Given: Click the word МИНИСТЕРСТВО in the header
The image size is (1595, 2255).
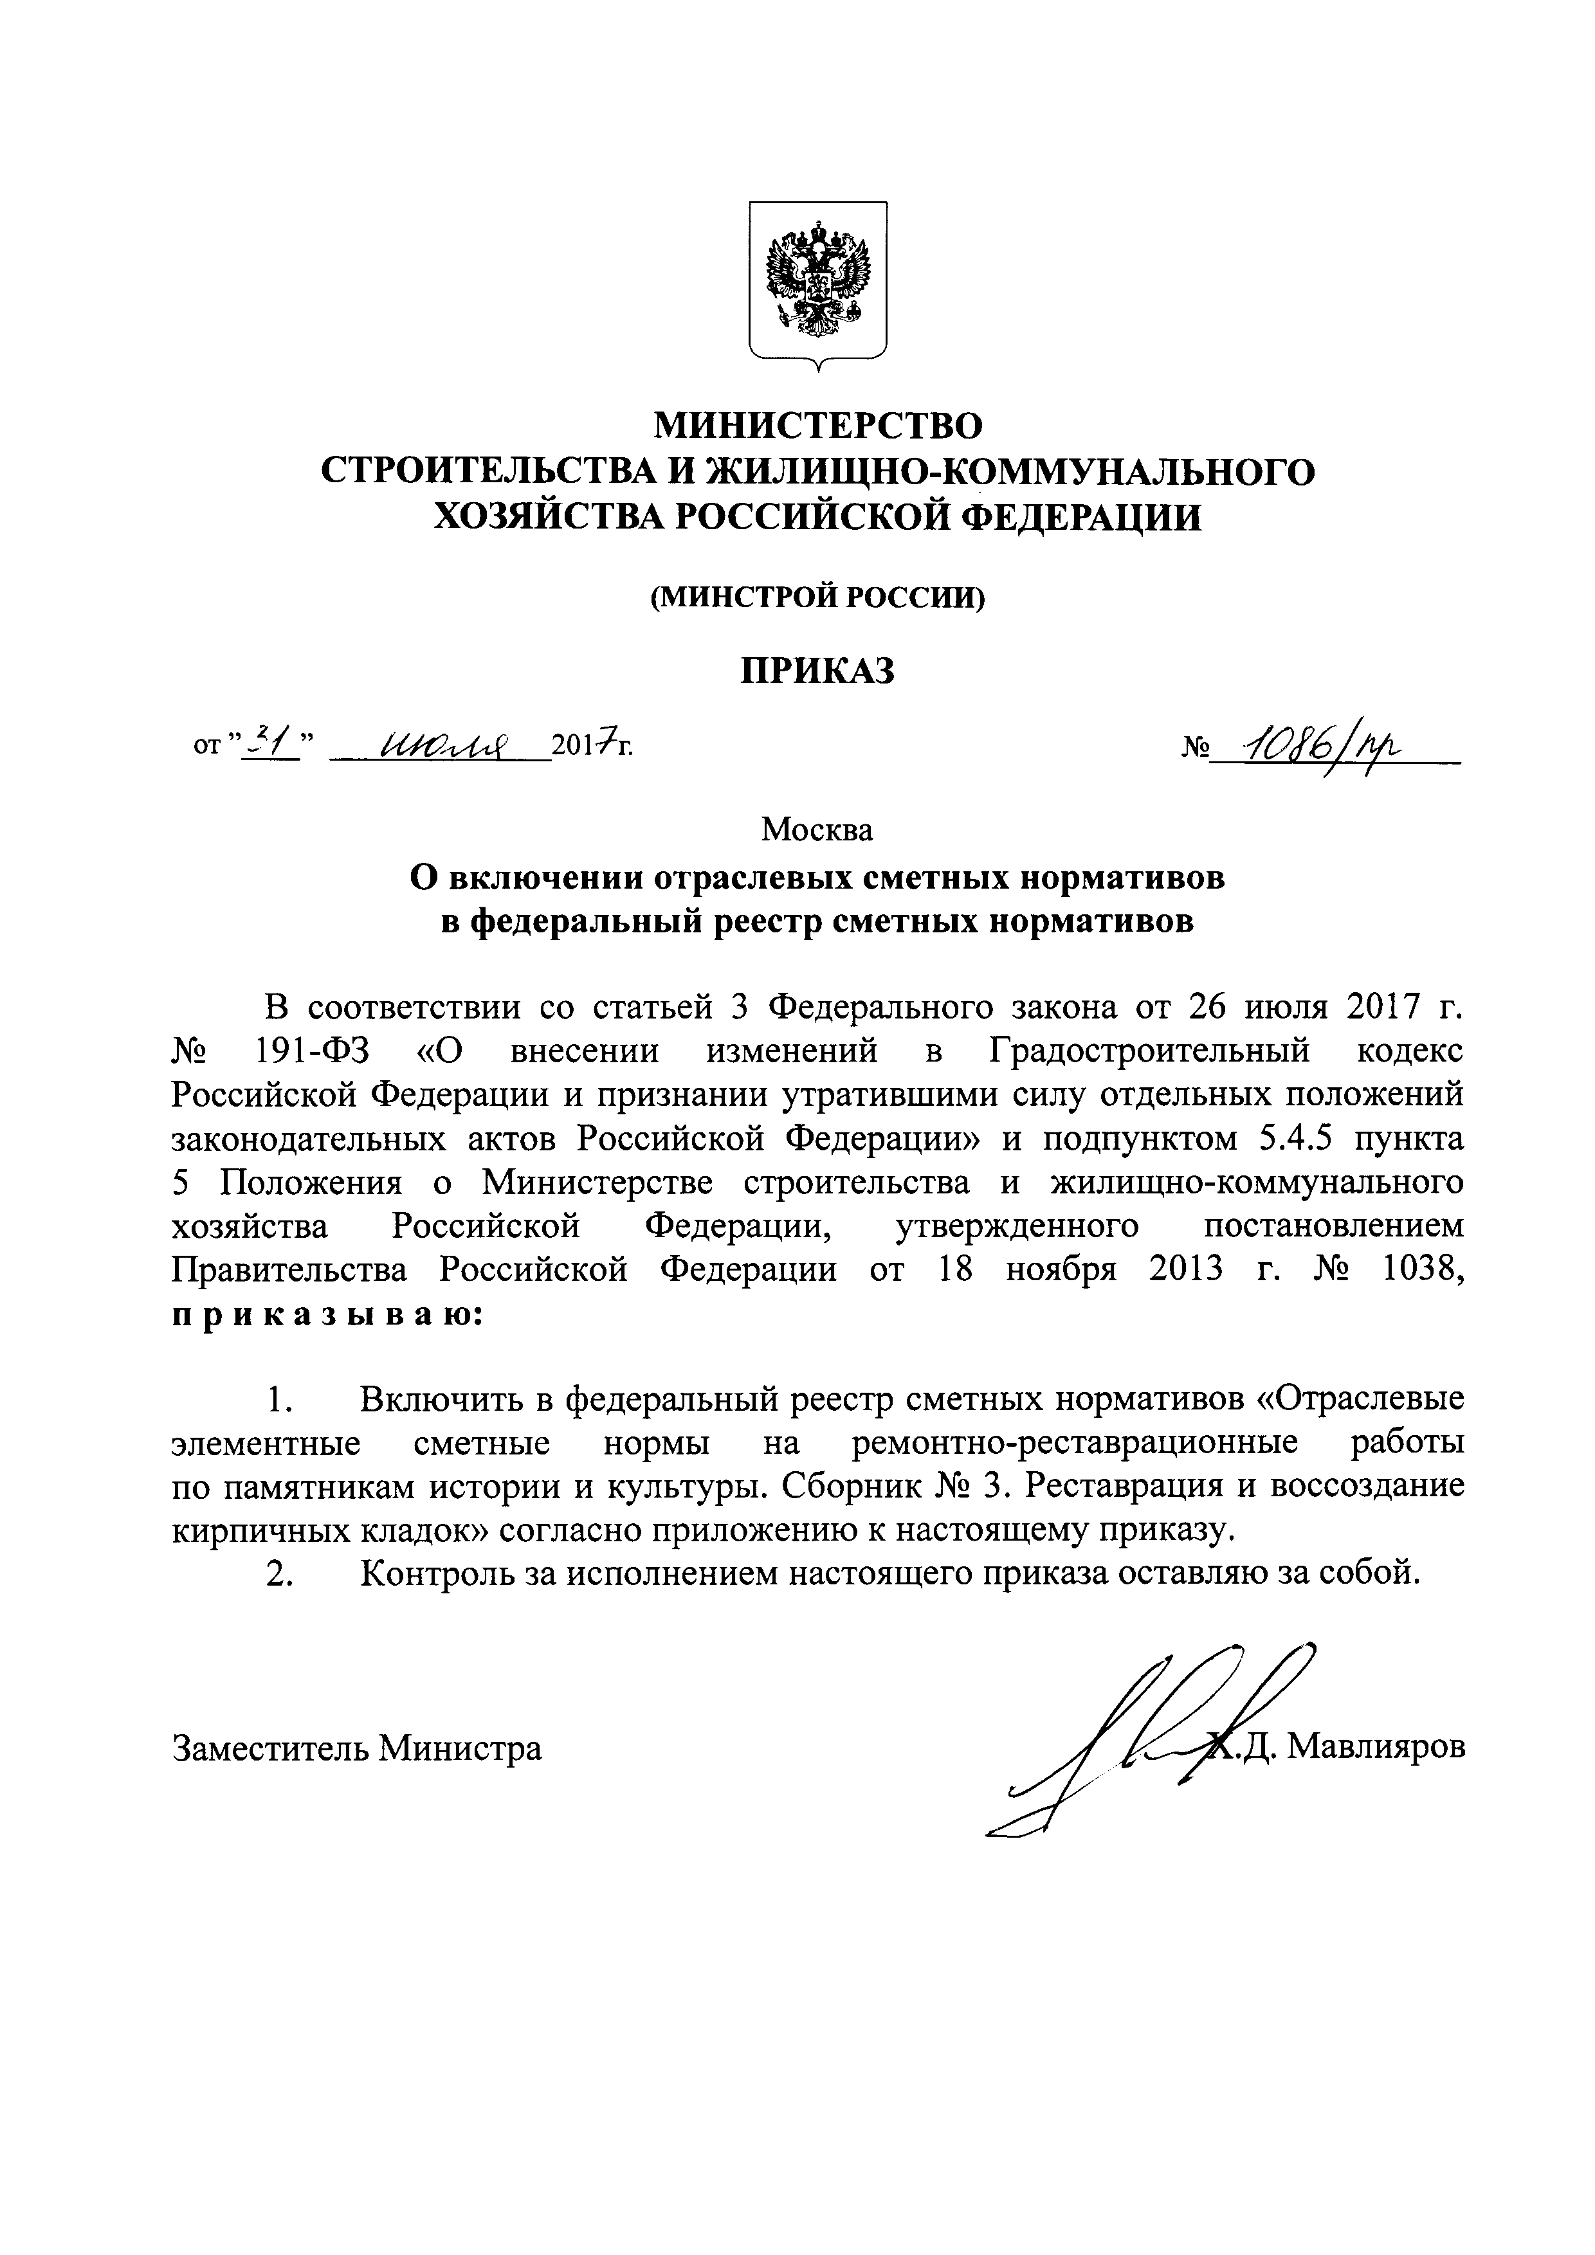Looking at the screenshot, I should [817, 425].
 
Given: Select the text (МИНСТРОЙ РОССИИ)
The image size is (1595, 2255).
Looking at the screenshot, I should [817, 596].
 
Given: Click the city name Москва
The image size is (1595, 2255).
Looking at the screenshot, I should [817, 830].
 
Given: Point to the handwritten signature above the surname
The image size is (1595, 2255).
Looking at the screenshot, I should [1159, 1728].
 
